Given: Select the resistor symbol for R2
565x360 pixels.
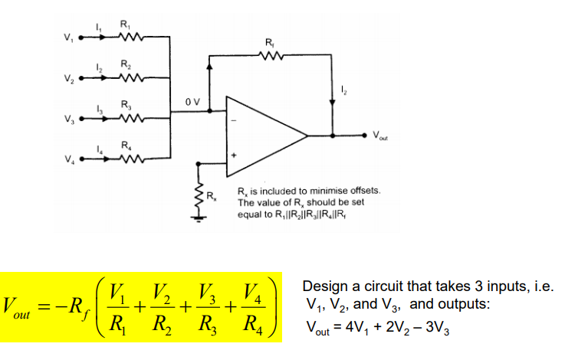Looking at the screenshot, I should pyautogui.click(x=128, y=77).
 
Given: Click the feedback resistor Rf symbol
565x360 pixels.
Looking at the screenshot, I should pyautogui.click(x=270, y=55).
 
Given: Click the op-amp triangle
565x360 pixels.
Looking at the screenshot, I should pyautogui.click(x=264, y=136).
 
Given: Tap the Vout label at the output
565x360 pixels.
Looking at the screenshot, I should pyautogui.click(x=381, y=137).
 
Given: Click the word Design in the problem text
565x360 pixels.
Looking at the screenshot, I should pyautogui.click(x=321, y=286).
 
